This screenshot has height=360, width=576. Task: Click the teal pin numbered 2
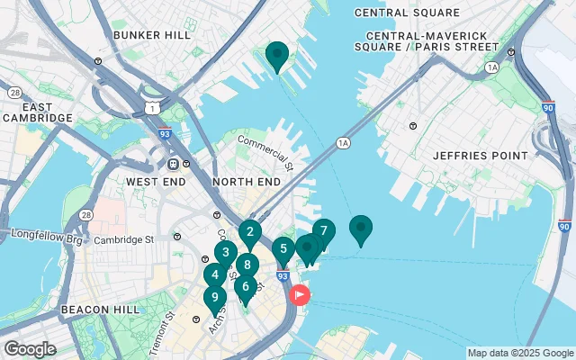[250, 231]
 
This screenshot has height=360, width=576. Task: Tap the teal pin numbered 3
[225, 253]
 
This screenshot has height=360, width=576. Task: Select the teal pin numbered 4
[214, 274]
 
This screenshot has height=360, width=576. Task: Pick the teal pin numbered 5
[283, 249]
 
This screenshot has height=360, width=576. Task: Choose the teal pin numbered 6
[245, 287]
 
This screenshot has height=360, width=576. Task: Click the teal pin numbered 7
[323, 230]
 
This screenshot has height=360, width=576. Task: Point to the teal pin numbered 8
[247, 265]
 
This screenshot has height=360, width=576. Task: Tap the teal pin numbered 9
[213, 297]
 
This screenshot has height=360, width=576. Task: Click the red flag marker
[299, 294]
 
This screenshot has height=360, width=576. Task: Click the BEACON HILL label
[100, 309]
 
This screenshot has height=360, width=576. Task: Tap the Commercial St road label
[265, 152]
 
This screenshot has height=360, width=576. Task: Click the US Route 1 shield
[149, 107]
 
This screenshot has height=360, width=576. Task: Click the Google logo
[30, 348]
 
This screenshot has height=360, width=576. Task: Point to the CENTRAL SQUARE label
[407, 13]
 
